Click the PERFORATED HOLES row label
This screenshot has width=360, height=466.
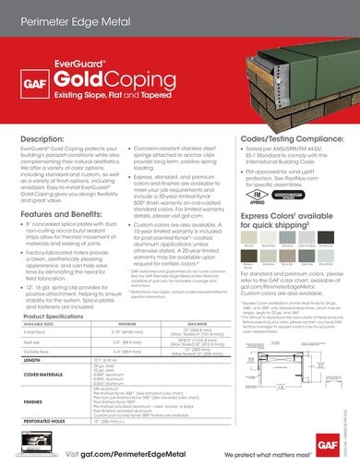[42, 423]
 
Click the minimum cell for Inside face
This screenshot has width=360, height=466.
[128, 331]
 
